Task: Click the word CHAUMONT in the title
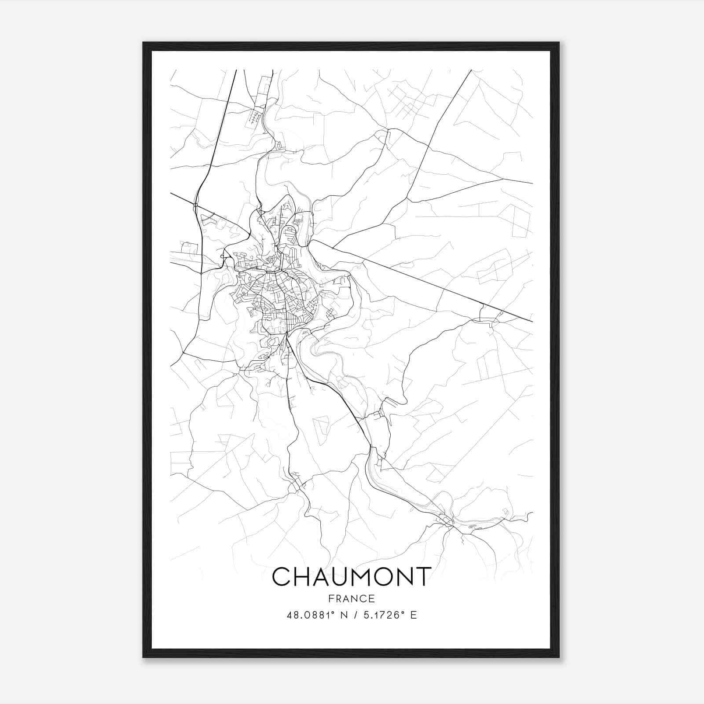coord(351,576)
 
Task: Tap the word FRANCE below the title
coord(352,599)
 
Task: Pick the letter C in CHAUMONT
coord(282,576)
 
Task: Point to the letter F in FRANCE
coord(331,599)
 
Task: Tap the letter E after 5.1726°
coord(414,615)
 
